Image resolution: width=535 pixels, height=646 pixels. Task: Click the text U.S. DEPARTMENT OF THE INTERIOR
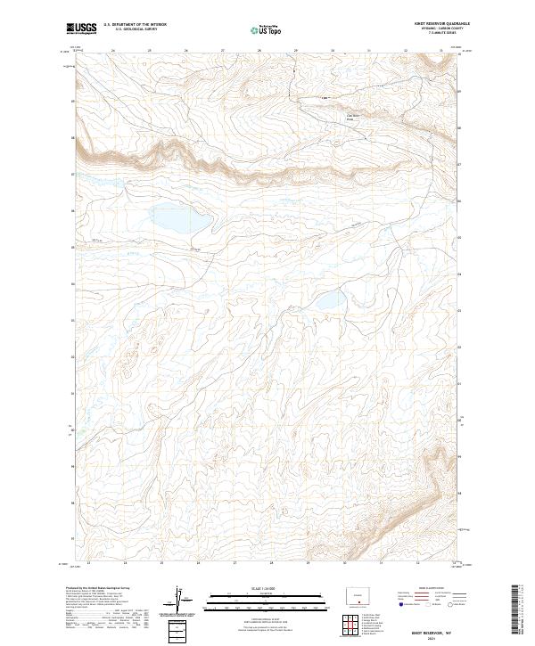(x=135, y=26)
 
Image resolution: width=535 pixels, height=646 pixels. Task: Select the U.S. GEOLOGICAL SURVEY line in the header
(x=130, y=31)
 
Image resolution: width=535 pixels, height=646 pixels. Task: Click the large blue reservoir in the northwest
(x=179, y=218)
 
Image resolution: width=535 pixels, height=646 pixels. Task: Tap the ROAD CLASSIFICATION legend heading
(x=429, y=588)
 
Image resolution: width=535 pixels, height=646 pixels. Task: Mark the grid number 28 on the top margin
(x=259, y=50)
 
